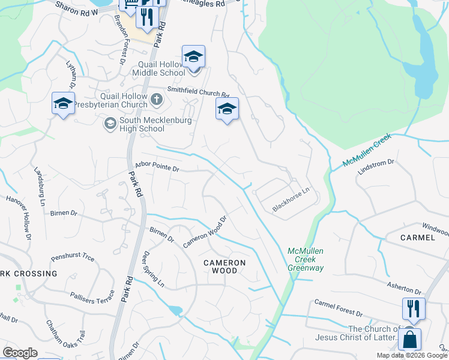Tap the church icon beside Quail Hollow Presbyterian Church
[x=157, y=100]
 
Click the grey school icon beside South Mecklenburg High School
[x=110, y=124]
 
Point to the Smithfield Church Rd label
[x=198, y=92]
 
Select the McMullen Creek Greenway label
[x=306, y=260]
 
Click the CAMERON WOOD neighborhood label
[x=224, y=266]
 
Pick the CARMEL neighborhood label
[x=417, y=238]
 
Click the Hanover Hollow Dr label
[x=17, y=211]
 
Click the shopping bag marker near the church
[x=409, y=339]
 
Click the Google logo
[x=20, y=353]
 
